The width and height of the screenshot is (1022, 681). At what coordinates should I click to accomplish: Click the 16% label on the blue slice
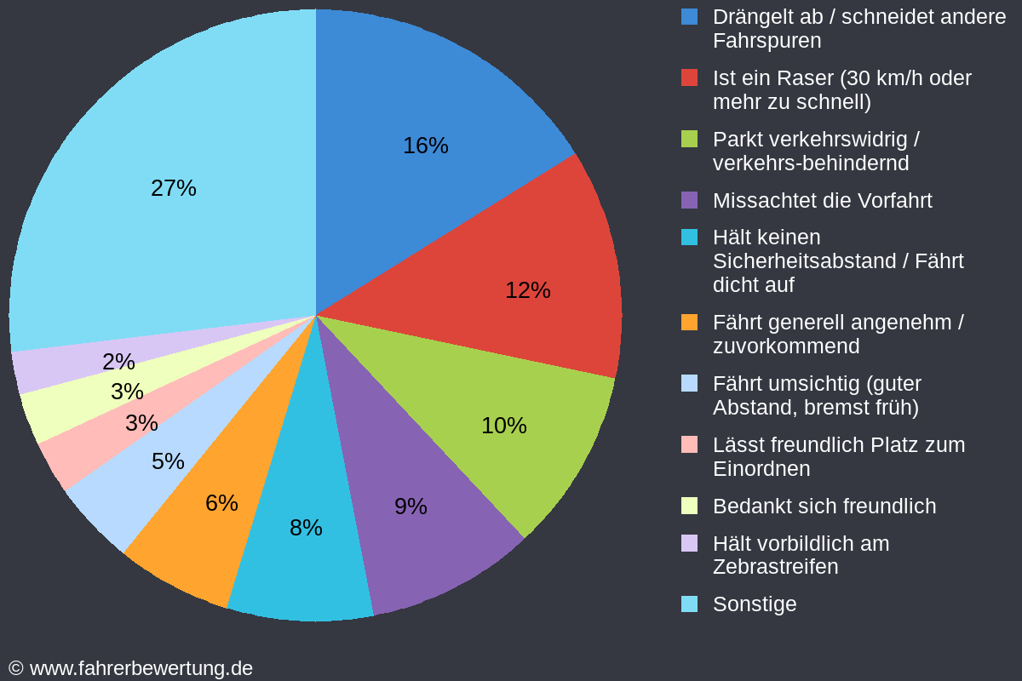pyautogui.click(x=426, y=146)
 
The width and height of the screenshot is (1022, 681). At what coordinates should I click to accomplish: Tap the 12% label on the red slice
pyautogui.click(x=528, y=290)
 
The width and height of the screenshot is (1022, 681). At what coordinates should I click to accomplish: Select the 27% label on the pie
pyautogui.click(x=174, y=188)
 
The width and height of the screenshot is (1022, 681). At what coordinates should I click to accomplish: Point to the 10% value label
pyautogui.click(x=504, y=426)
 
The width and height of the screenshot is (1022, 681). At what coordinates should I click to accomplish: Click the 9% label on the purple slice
pyautogui.click(x=411, y=506)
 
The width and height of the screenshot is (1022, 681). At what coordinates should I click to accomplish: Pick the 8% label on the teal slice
pyautogui.click(x=306, y=528)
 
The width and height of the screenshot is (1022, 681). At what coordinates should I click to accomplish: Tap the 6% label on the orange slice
pyautogui.click(x=221, y=503)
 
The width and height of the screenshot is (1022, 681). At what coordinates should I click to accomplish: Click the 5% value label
pyautogui.click(x=168, y=461)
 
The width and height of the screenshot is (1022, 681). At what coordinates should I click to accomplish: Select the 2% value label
pyautogui.click(x=118, y=362)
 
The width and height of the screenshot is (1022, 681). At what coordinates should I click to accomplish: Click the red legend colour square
pyautogui.click(x=690, y=77)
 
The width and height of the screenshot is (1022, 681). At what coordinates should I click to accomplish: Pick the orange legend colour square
pyautogui.click(x=690, y=323)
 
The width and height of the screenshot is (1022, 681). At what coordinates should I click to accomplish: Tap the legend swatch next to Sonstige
pyautogui.click(x=690, y=604)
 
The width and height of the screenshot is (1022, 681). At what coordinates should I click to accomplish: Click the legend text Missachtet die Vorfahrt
pyautogui.click(x=822, y=201)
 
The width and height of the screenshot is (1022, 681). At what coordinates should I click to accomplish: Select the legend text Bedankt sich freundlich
pyautogui.click(x=824, y=506)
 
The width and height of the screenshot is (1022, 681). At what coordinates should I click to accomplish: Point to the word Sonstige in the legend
pyautogui.click(x=755, y=604)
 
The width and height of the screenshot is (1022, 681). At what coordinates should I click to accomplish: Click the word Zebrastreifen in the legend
pyautogui.click(x=775, y=567)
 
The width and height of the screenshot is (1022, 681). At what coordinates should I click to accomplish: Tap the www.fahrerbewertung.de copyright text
pyautogui.click(x=131, y=668)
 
